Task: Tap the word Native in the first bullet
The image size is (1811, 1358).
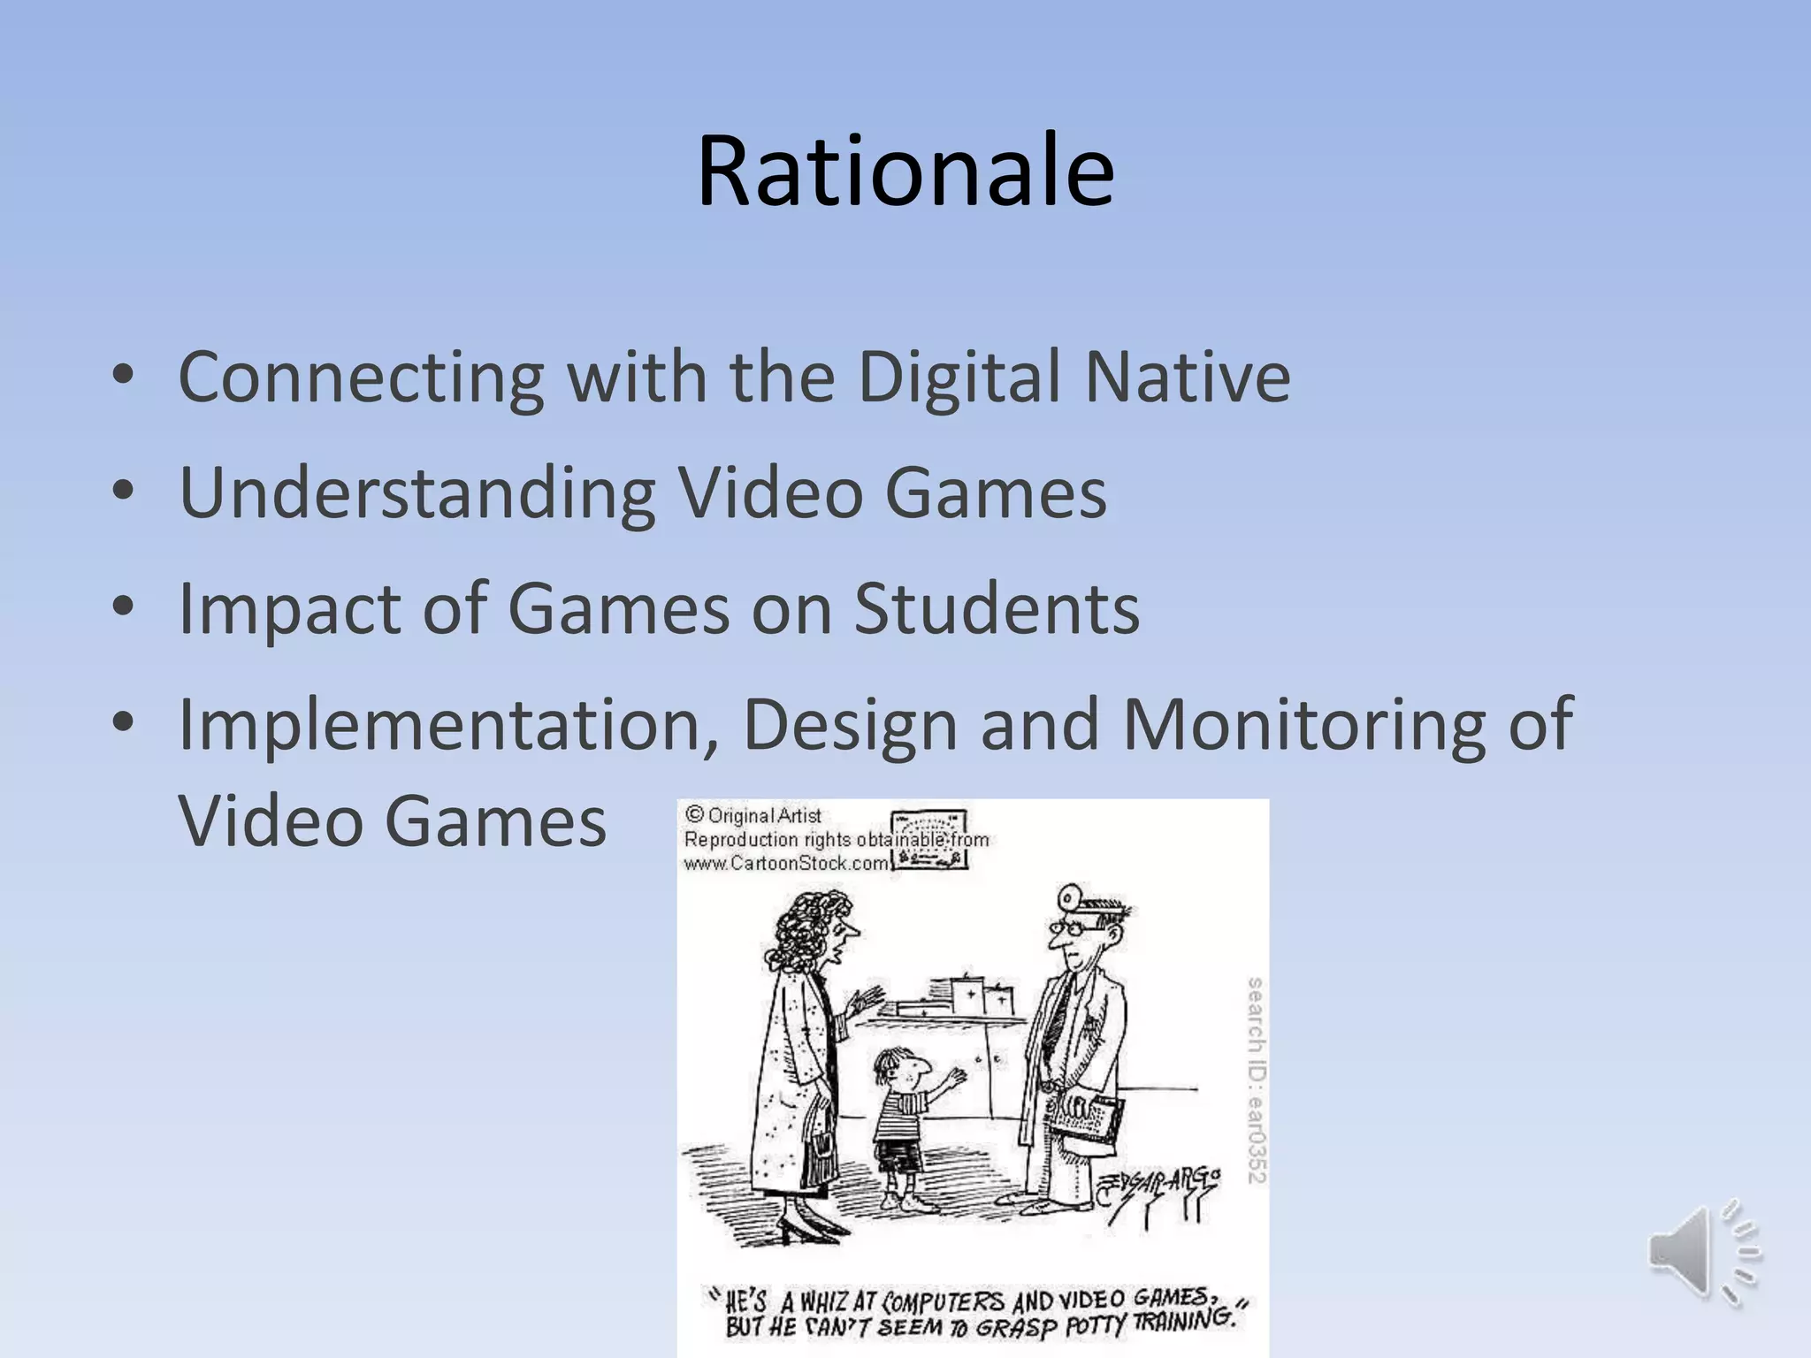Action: click(x=1188, y=378)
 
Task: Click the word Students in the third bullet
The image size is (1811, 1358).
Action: click(x=997, y=609)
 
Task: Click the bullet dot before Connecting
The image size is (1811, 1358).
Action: click(x=123, y=378)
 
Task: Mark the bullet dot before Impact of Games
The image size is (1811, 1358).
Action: click(x=123, y=609)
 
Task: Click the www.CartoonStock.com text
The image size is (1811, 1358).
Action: click(x=785, y=863)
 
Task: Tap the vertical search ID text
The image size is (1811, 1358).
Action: click(x=1256, y=1079)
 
